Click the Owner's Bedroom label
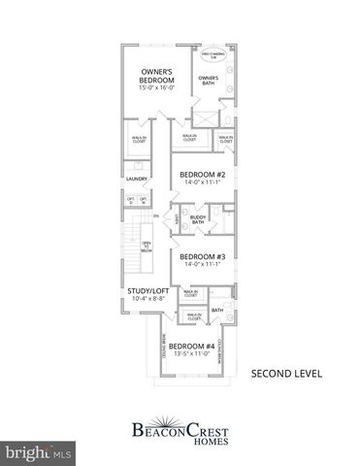click(x=156, y=77)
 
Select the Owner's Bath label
click(x=208, y=80)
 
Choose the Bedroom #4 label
click(x=191, y=346)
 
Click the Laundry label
click(x=136, y=180)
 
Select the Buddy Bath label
click(x=197, y=220)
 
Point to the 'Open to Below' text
click(x=147, y=247)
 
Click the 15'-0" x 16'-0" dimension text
click(x=156, y=88)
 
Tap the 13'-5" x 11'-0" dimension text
click(x=191, y=355)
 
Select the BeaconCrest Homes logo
click(x=179, y=427)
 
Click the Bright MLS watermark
click(x=39, y=453)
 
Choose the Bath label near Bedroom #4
click(x=217, y=311)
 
